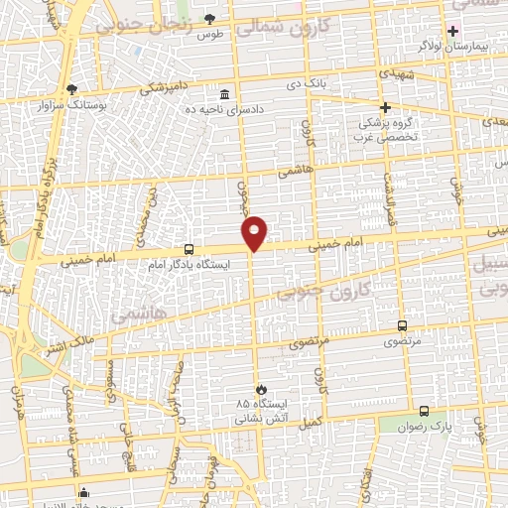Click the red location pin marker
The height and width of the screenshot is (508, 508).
coord(256,232)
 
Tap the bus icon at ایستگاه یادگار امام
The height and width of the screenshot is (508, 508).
coord(189,250)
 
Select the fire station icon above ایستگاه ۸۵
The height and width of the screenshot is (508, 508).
coord(261,389)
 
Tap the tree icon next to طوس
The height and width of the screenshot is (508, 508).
coord(209,19)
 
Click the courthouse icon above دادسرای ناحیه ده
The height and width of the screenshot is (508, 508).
coord(224,94)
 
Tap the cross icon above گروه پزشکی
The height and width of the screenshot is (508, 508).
coord(386,107)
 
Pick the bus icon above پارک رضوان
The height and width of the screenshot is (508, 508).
coord(424,411)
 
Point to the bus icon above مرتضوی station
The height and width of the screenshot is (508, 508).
coord(402,325)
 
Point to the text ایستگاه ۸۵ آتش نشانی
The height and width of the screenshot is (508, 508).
coord(255,412)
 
